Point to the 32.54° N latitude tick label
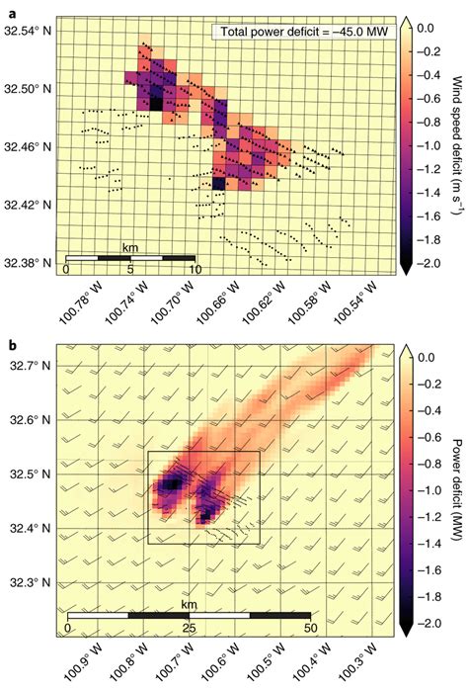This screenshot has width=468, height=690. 28,31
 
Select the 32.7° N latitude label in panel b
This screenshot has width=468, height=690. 32,366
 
